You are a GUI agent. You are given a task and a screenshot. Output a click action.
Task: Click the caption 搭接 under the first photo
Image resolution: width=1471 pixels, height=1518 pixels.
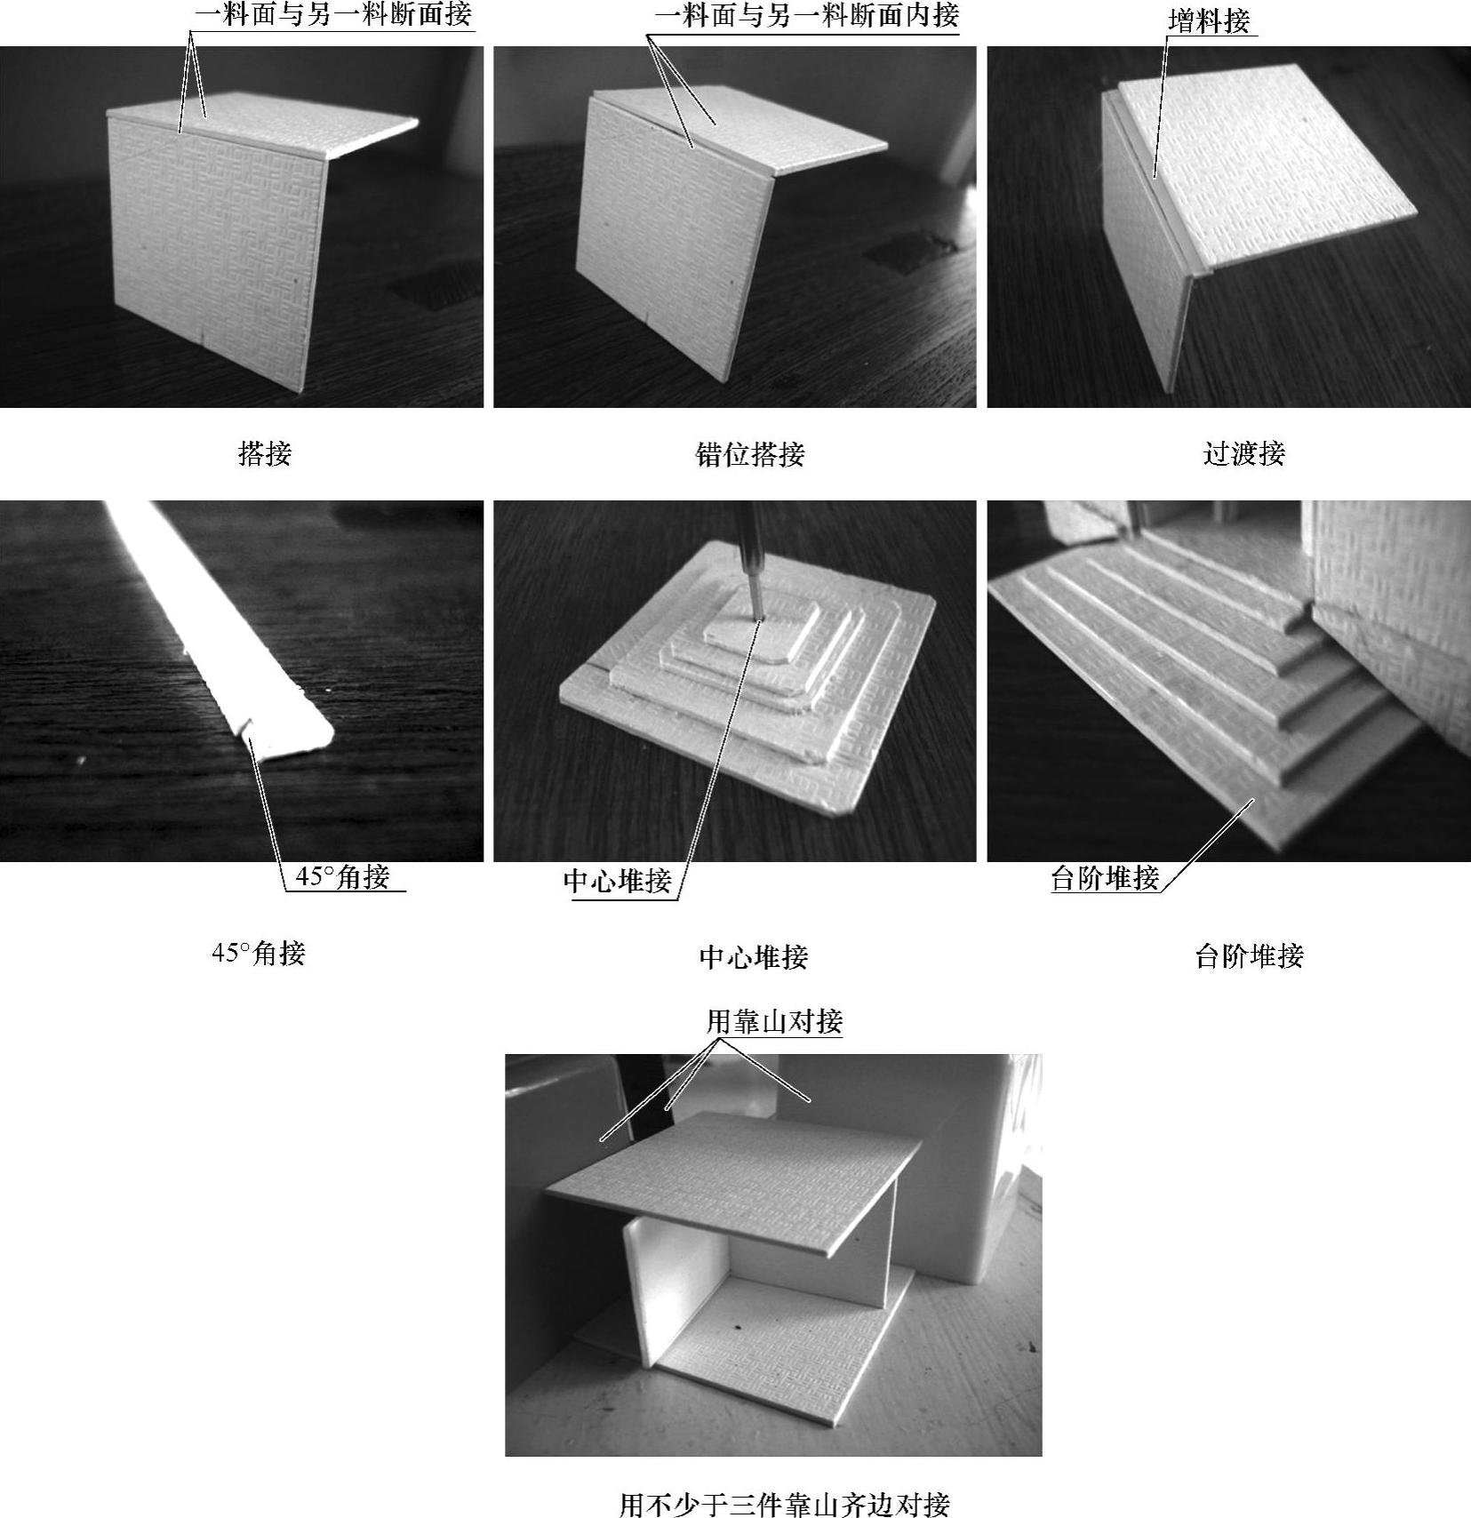tap(265, 454)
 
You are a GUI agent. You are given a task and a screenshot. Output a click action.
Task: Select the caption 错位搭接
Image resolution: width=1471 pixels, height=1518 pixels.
tap(750, 454)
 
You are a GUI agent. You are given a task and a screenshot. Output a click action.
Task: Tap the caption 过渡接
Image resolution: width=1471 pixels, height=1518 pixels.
tap(1243, 453)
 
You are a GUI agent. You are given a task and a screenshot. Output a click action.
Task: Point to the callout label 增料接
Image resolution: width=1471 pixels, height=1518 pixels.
tap(1209, 21)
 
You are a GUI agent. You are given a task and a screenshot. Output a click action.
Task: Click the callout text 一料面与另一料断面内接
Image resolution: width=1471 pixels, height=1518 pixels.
tap(807, 15)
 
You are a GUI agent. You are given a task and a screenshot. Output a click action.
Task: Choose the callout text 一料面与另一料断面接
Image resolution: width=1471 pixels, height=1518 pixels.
tap(333, 14)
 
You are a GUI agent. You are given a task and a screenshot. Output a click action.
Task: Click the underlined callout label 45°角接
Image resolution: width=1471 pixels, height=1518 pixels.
tap(342, 877)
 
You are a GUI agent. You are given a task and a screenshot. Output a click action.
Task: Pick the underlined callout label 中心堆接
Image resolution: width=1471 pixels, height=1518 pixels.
tap(618, 881)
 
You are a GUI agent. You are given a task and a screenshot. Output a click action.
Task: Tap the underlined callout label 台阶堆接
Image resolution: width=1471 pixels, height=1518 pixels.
tap(1106, 878)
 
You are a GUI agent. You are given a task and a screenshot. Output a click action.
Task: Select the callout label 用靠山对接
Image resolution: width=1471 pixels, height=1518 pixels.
tap(774, 1022)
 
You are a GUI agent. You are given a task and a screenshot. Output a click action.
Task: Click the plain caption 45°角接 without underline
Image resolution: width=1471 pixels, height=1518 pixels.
tap(259, 954)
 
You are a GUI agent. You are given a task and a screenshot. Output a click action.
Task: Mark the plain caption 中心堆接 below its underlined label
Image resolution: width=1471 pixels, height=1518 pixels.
tap(754, 956)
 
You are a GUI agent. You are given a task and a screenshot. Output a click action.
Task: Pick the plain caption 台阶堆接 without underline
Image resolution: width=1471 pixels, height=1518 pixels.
tap(1249, 956)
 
